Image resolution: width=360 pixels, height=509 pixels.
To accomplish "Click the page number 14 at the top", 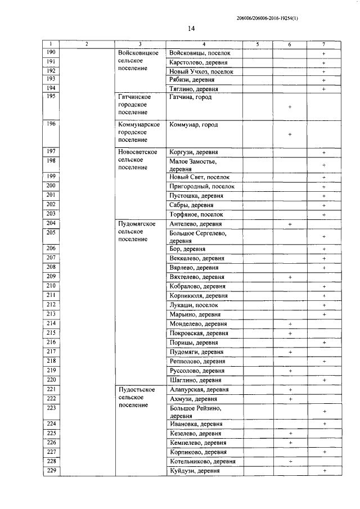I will [x=191, y=29].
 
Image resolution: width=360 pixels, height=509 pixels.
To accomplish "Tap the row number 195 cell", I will [x=51, y=97].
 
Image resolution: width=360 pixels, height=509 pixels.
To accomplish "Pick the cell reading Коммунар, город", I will [x=193, y=125].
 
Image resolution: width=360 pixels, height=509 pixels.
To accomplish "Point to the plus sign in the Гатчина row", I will [x=289, y=107].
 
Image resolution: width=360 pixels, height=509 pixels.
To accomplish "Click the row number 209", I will [x=51, y=277].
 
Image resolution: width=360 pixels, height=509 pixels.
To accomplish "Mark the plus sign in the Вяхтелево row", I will [x=290, y=277].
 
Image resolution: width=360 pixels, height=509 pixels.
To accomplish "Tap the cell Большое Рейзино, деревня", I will [x=195, y=412].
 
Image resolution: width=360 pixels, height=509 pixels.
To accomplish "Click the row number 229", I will [x=51, y=470].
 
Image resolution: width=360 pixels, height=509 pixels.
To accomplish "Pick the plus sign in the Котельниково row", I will [x=290, y=461].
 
